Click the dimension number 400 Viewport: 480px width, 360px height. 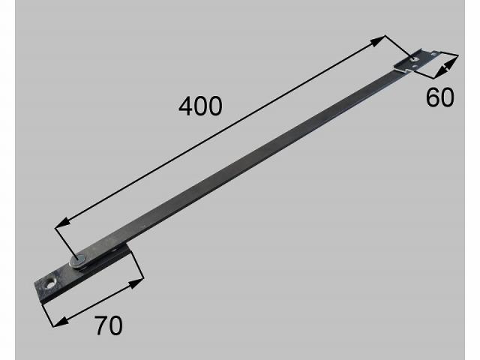click(200, 106)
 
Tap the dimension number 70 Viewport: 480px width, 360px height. click(109, 325)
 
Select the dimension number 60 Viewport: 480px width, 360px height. click(440, 97)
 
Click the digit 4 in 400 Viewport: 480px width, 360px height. click(186, 106)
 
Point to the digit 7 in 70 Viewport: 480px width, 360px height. click(101, 325)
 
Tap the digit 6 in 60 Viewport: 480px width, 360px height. click(433, 97)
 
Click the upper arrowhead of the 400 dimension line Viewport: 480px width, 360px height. click(378, 40)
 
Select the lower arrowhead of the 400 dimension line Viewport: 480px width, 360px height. click(62, 223)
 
